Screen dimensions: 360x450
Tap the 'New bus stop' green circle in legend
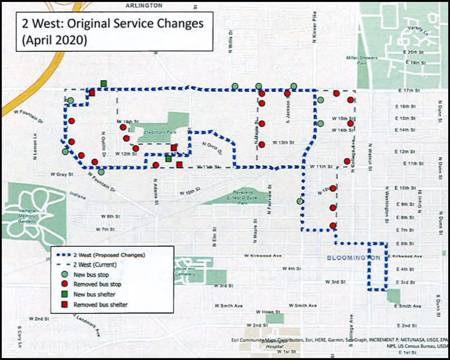click(63, 274)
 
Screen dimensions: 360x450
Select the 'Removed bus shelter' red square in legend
click(63, 304)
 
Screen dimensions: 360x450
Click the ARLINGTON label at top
click(144, 4)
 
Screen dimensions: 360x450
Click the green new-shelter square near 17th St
click(103, 83)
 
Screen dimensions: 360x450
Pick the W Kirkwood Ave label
click(263, 256)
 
